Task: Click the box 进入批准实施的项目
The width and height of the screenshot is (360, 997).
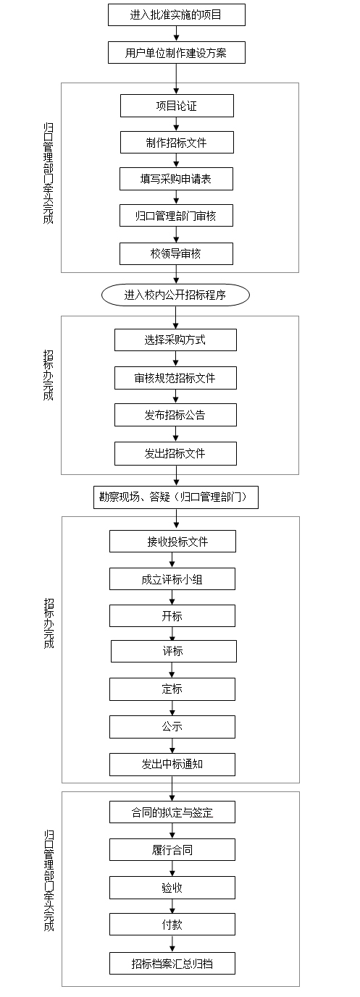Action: click(x=177, y=14)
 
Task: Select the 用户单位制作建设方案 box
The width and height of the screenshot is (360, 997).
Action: click(x=177, y=53)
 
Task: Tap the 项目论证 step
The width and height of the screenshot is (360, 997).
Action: click(x=177, y=106)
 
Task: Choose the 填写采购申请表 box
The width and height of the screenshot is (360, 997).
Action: click(x=176, y=179)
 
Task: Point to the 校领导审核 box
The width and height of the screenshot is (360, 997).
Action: click(x=176, y=253)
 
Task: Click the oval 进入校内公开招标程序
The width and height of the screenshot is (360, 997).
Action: click(x=175, y=295)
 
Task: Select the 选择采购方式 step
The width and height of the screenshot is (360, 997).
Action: click(x=175, y=340)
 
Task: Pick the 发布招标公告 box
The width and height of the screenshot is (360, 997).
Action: click(x=175, y=415)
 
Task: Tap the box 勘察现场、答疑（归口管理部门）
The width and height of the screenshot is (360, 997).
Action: click(x=176, y=497)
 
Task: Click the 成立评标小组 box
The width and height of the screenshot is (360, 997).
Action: click(x=172, y=579)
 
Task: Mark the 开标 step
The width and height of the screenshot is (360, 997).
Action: click(x=172, y=616)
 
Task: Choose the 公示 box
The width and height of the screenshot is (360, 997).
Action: click(x=172, y=727)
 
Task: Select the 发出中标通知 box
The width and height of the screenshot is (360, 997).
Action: click(x=172, y=765)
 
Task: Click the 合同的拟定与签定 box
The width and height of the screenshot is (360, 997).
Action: click(x=172, y=812)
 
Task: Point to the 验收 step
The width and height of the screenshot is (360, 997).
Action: click(x=172, y=888)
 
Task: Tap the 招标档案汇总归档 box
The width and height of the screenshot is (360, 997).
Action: click(x=172, y=964)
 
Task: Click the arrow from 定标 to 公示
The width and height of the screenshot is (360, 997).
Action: click(x=172, y=708)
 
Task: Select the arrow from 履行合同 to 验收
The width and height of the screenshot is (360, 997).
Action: click(x=172, y=869)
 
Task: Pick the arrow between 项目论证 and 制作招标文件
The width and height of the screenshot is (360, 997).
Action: click(x=177, y=125)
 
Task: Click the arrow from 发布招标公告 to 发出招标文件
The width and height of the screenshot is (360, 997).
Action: click(x=175, y=434)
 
